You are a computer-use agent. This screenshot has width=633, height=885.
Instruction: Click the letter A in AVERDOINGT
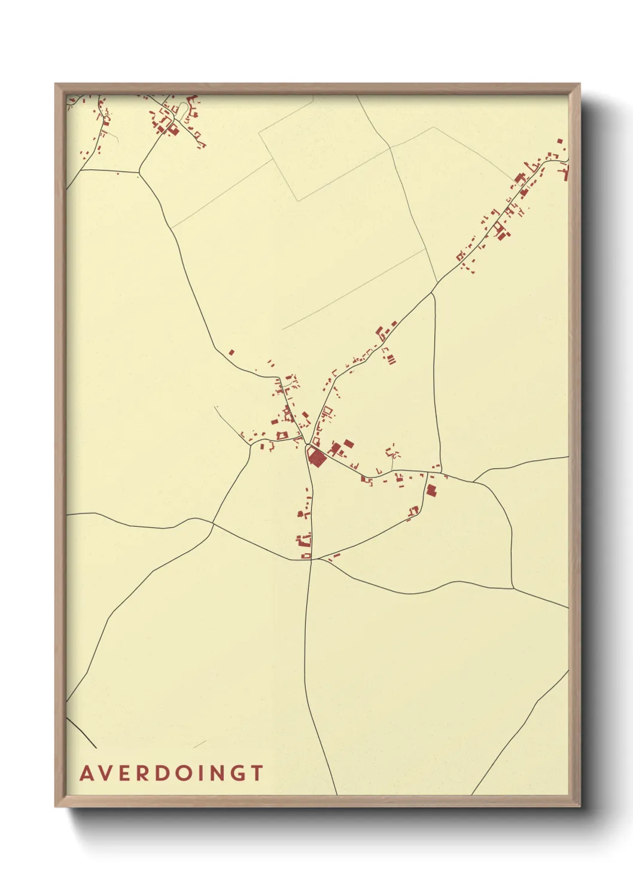coord(86,773)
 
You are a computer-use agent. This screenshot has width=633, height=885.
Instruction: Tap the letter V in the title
coord(105,773)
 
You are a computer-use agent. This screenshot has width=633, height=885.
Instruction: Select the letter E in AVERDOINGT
coord(124,773)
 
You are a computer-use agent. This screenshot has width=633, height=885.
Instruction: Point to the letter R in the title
coord(142,773)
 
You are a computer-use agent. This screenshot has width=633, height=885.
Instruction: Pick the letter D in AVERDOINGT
coord(161,773)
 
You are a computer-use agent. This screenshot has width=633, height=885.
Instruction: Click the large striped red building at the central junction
coord(316,458)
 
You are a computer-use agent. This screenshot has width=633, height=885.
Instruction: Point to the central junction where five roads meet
coord(306,445)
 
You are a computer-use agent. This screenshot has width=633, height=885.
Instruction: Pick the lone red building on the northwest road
coord(232,353)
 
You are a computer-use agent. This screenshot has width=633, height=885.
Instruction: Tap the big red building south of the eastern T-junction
coord(431,490)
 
